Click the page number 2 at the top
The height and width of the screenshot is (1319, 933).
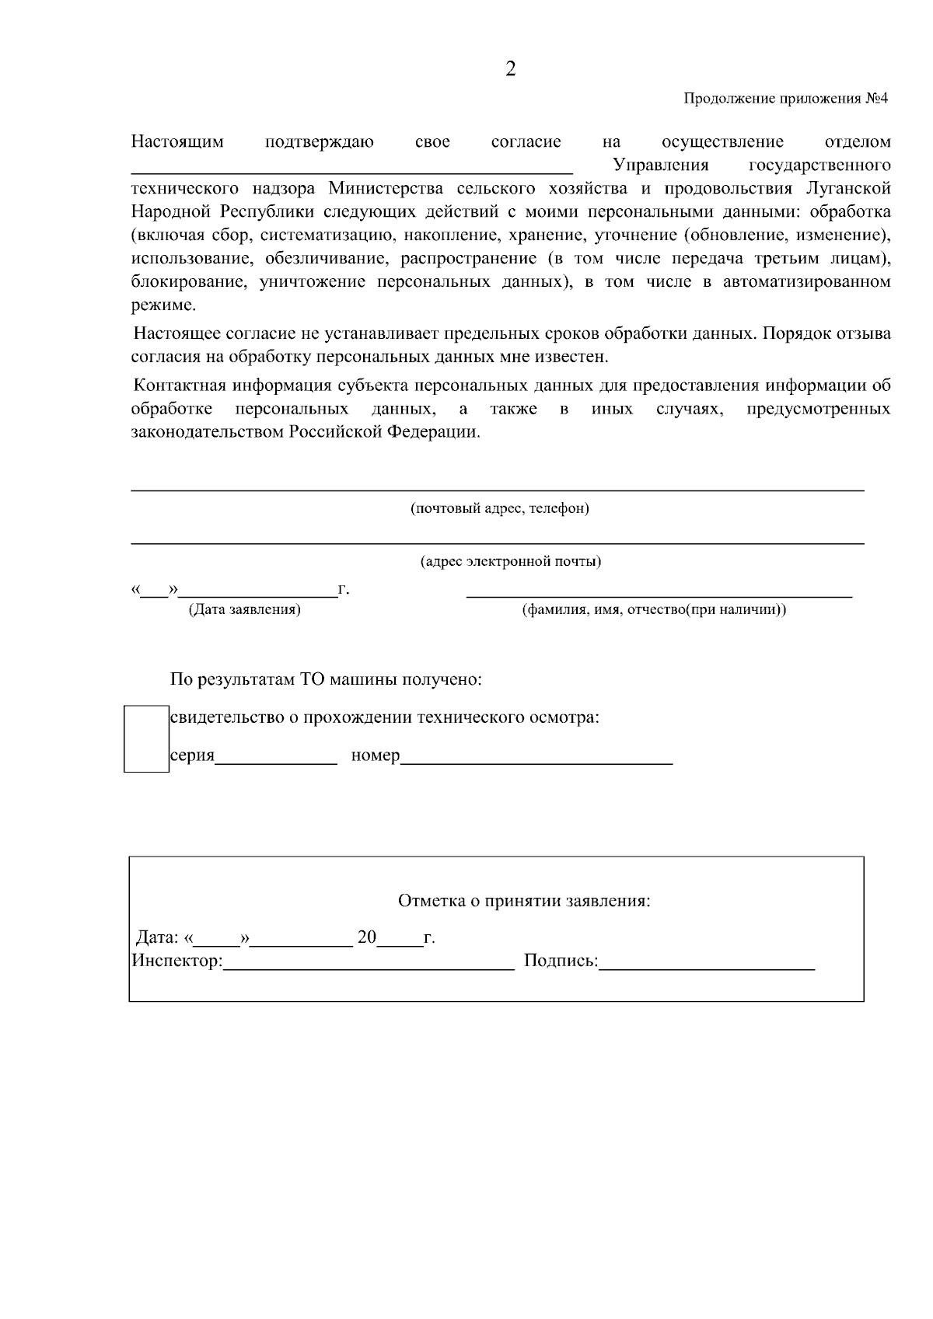tap(510, 69)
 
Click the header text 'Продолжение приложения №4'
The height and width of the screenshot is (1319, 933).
tap(785, 99)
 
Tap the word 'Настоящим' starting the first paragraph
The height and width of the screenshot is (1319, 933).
tap(177, 141)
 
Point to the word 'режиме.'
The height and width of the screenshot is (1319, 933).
tap(163, 305)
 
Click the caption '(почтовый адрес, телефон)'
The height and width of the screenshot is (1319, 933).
tap(499, 508)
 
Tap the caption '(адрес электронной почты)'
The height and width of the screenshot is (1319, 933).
tap(510, 561)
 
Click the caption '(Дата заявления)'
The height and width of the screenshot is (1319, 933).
tap(244, 609)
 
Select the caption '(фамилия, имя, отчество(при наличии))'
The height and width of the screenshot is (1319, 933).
tap(653, 609)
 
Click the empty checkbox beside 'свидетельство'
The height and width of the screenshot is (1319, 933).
tap(146, 738)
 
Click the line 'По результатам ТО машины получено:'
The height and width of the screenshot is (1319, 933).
tap(327, 680)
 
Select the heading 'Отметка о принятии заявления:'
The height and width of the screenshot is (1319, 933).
tap(523, 901)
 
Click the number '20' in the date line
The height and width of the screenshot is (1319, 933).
tap(366, 937)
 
